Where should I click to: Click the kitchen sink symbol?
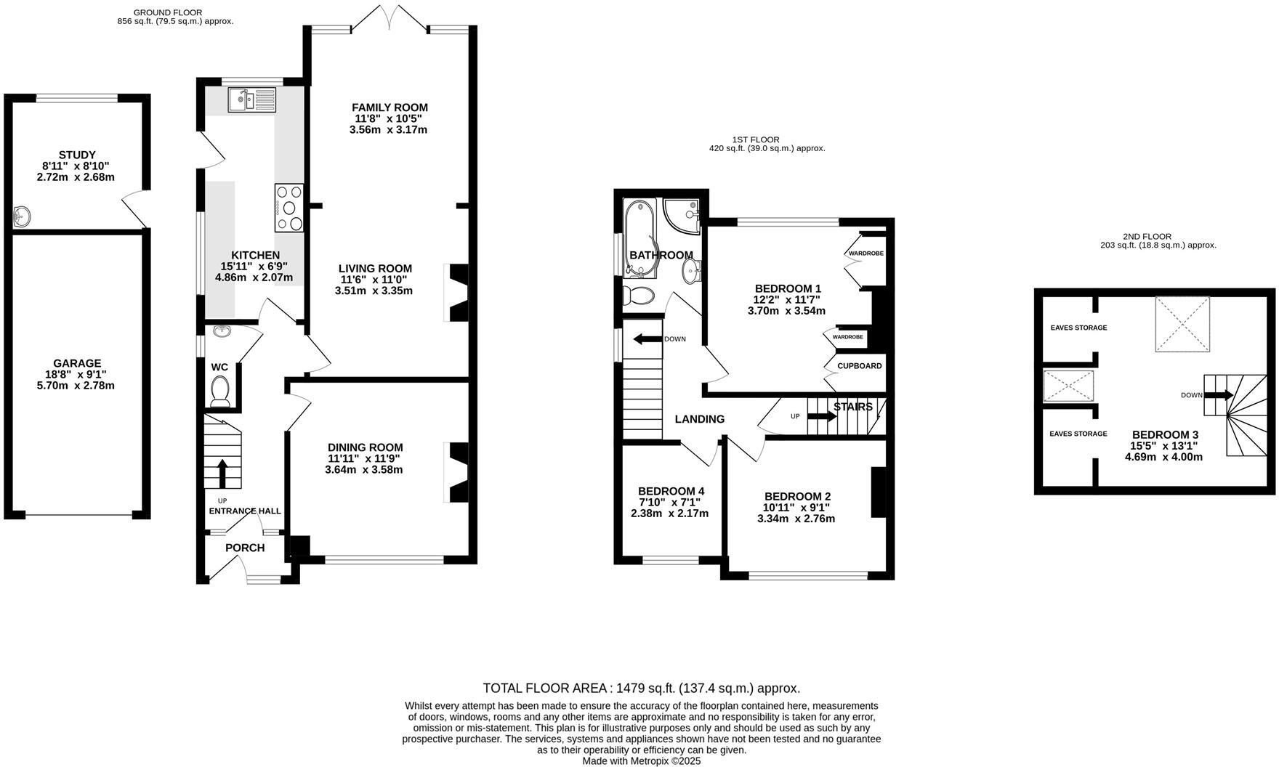(x=251, y=100)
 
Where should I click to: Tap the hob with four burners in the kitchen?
(x=289, y=208)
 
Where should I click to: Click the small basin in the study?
(x=23, y=216)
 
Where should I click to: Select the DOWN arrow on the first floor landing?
(x=647, y=339)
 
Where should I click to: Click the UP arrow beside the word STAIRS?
(x=822, y=416)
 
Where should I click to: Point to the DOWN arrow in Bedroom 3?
(x=1218, y=395)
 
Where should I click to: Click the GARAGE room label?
(x=77, y=363)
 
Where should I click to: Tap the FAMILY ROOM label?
(x=390, y=107)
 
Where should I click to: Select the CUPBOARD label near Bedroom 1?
(x=859, y=366)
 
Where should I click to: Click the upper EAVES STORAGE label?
(x=1078, y=328)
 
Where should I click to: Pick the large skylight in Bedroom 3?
(x=1182, y=324)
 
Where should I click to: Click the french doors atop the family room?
(x=390, y=17)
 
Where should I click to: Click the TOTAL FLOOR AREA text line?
(x=641, y=688)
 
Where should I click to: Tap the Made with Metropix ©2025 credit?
(x=641, y=760)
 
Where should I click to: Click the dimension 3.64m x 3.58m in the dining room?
(x=363, y=470)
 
